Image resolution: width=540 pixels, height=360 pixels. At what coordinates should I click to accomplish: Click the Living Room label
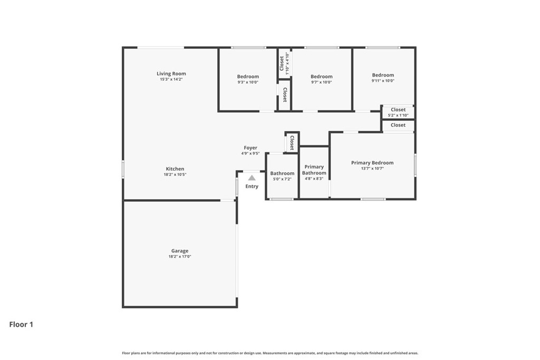tap(171, 73)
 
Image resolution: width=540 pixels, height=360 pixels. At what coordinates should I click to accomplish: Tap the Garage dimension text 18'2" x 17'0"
tap(180, 256)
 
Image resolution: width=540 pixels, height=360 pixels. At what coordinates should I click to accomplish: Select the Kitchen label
tap(175, 169)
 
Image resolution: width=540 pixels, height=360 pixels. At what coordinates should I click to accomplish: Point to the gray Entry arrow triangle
tap(252, 178)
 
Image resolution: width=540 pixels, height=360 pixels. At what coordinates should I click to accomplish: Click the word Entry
tap(252, 186)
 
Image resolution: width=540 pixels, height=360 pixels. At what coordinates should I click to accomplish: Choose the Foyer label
tap(250, 148)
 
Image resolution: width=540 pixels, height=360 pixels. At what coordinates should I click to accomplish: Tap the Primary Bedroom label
tap(372, 163)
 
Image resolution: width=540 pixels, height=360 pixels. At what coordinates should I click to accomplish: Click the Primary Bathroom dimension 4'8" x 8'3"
tap(314, 179)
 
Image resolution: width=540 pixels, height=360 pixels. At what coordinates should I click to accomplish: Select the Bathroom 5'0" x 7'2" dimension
tap(283, 179)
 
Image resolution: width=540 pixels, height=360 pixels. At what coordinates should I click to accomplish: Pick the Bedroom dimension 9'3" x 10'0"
tap(248, 82)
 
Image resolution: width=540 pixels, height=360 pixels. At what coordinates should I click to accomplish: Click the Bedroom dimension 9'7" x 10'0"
tap(322, 82)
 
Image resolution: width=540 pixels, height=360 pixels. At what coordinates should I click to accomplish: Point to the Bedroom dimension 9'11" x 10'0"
tap(383, 81)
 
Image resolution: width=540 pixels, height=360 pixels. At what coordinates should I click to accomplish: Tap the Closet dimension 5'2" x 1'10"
tap(398, 115)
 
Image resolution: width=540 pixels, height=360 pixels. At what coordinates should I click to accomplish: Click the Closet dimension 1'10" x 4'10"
tap(287, 63)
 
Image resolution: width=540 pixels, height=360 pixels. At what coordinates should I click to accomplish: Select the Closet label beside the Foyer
tap(292, 143)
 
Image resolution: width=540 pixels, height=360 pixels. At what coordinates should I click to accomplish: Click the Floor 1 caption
tap(21, 324)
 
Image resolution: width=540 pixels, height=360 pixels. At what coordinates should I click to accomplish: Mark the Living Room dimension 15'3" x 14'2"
tap(171, 79)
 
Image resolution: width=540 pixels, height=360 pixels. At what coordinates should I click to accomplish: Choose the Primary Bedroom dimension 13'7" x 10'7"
tap(372, 168)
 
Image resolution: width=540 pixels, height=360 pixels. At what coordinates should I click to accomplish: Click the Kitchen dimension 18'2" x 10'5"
tap(175, 174)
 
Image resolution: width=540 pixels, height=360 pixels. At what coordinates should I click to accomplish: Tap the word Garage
tap(180, 251)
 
